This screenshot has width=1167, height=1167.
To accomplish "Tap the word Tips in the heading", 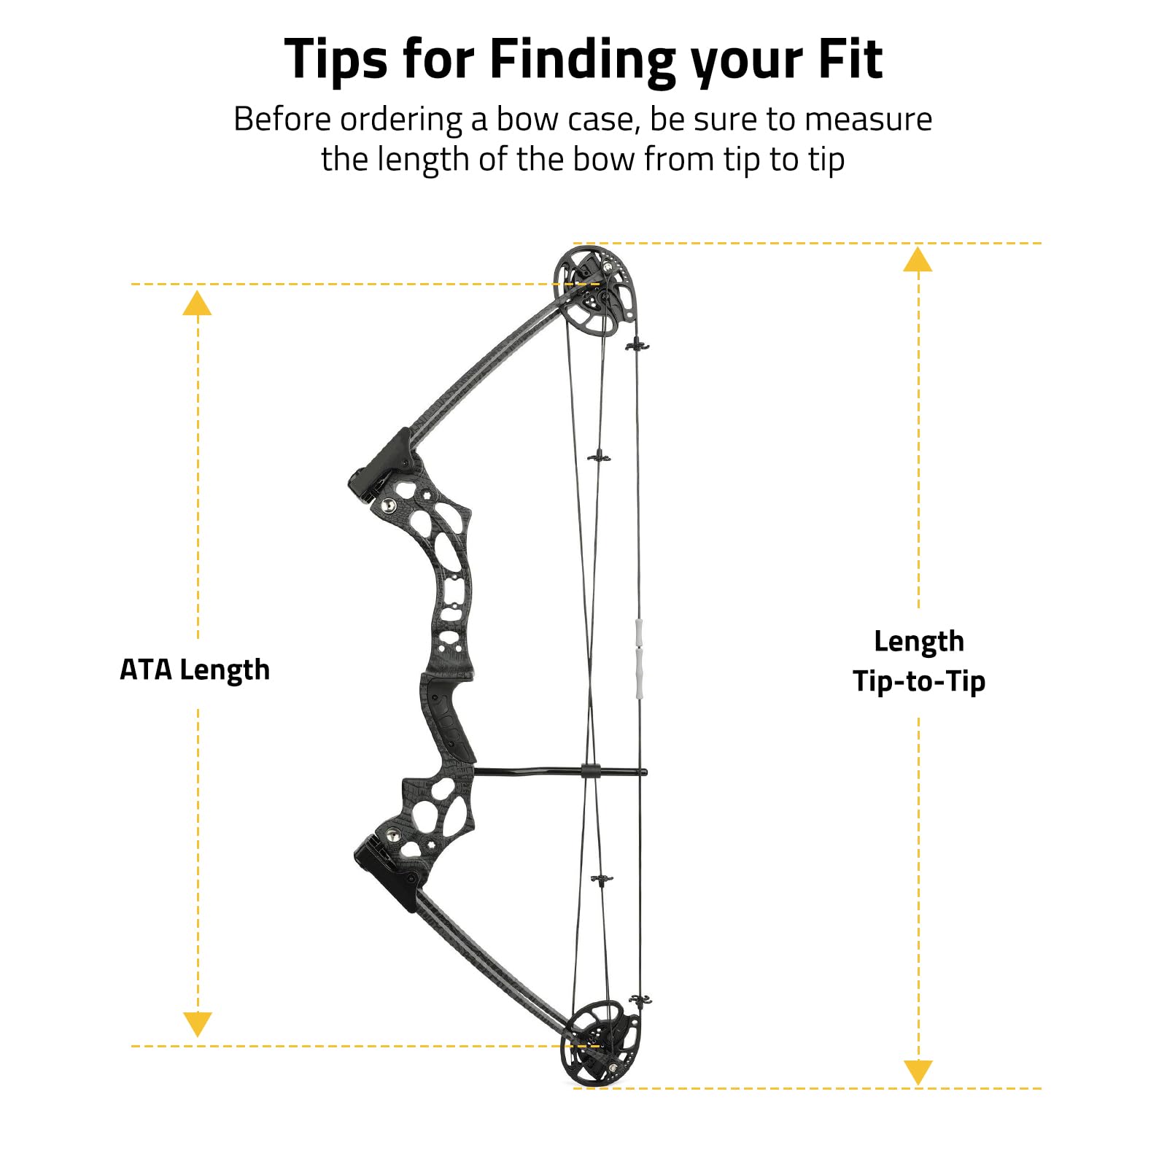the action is (x=336, y=61).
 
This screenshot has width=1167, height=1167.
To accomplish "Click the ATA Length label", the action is (x=195, y=670).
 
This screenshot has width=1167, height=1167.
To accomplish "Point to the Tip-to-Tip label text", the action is (x=919, y=681).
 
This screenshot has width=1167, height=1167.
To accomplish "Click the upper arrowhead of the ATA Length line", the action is (x=197, y=303).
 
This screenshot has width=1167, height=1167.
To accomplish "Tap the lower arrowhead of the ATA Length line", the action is (x=197, y=1024).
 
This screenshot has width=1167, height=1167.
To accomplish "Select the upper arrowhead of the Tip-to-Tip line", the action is (x=918, y=259).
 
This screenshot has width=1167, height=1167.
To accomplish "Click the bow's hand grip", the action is (x=447, y=718).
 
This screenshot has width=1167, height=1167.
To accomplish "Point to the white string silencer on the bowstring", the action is (x=639, y=659).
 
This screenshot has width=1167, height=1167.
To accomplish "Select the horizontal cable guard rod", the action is (x=559, y=771).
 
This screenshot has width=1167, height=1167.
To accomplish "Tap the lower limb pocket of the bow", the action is (x=387, y=872).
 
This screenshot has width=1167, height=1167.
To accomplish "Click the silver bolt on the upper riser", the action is (x=390, y=505).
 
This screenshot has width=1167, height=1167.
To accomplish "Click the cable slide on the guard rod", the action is (x=591, y=770).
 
